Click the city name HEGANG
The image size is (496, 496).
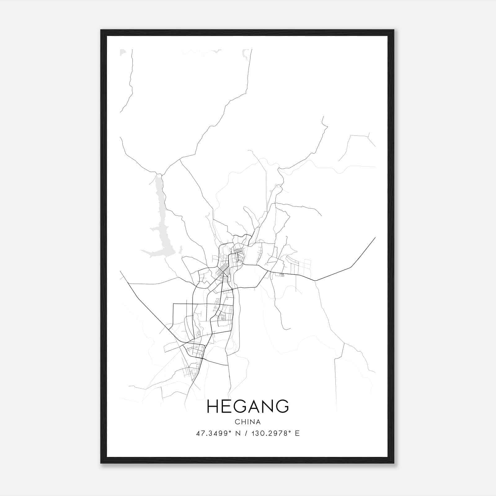(247, 406)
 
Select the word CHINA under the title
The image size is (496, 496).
(247, 422)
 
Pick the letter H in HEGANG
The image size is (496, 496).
(213, 406)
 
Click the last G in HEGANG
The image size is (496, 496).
(281, 406)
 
